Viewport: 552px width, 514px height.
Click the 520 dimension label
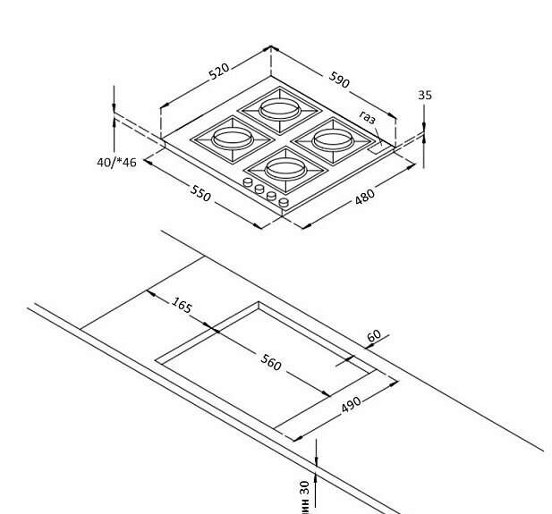tap(219, 71)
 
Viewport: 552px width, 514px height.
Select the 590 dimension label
tap(339, 79)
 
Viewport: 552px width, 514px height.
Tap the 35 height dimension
tap(424, 94)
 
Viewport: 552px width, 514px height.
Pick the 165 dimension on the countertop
tap(182, 306)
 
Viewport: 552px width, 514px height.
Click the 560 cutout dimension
tap(271, 363)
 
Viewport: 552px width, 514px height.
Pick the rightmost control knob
tap(284, 203)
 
